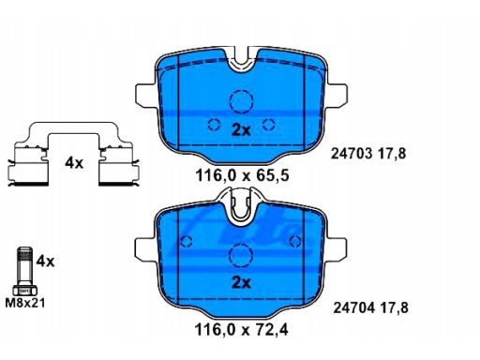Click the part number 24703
(352, 154)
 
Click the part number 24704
(353, 308)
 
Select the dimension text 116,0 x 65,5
(242, 175)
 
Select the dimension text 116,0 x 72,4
(241, 329)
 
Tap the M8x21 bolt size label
(25, 303)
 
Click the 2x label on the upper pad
(241, 130)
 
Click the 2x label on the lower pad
(241, 283)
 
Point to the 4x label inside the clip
(74, 163)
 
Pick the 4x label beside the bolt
(45, 262)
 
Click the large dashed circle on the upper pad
(241, 90)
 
